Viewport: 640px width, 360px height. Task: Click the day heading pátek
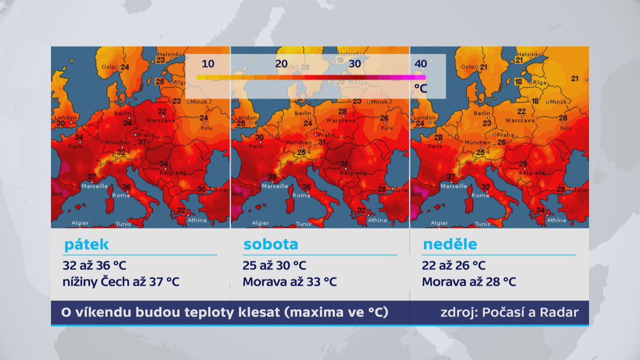pyautogui.click(x=86, y=245)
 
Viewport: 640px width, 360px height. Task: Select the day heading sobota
pyautogui.click(x=270, y=245)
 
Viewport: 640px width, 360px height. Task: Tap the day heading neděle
pyautogui.click(x=450, y=245)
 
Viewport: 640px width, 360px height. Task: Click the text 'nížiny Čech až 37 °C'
pyautogui.click(x=121, y=282)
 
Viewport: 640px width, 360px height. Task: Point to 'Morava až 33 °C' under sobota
pyautogui.click(x=290, y=282)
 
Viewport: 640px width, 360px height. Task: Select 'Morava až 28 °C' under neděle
pyautogui.click(x=469, y=282)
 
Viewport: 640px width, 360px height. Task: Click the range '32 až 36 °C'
pyautogui.click(x=94, y=265)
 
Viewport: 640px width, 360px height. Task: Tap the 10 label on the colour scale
pyautogui.click(x=208, y=64)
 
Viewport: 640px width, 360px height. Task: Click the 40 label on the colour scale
pyautogui.click(x=420, y=64)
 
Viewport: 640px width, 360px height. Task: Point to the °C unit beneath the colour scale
pyautogui.click(x=420, y=89)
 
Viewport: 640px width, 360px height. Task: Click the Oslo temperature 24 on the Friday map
pyautogui.click(x=125, y=67)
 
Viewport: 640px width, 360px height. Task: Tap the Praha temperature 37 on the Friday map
pyautogui.click(x=142, y=142)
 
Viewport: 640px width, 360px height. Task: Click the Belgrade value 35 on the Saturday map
pyautogui.click(x=345, y=164)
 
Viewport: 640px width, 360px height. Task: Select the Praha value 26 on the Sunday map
pyautogui.click(x=501, y=142)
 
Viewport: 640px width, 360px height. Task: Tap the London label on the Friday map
pyautogui.click(x=67, y=117)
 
